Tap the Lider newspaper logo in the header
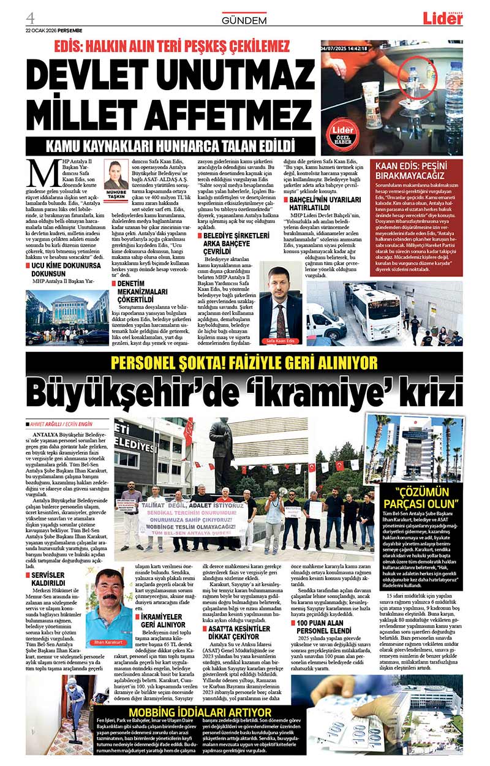tap(443, 17)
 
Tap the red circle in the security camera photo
tap(418, 82)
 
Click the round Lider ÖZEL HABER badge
tap(342, 132)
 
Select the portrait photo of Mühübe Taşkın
tap(116, 175)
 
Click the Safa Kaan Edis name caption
tap(281, 341)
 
